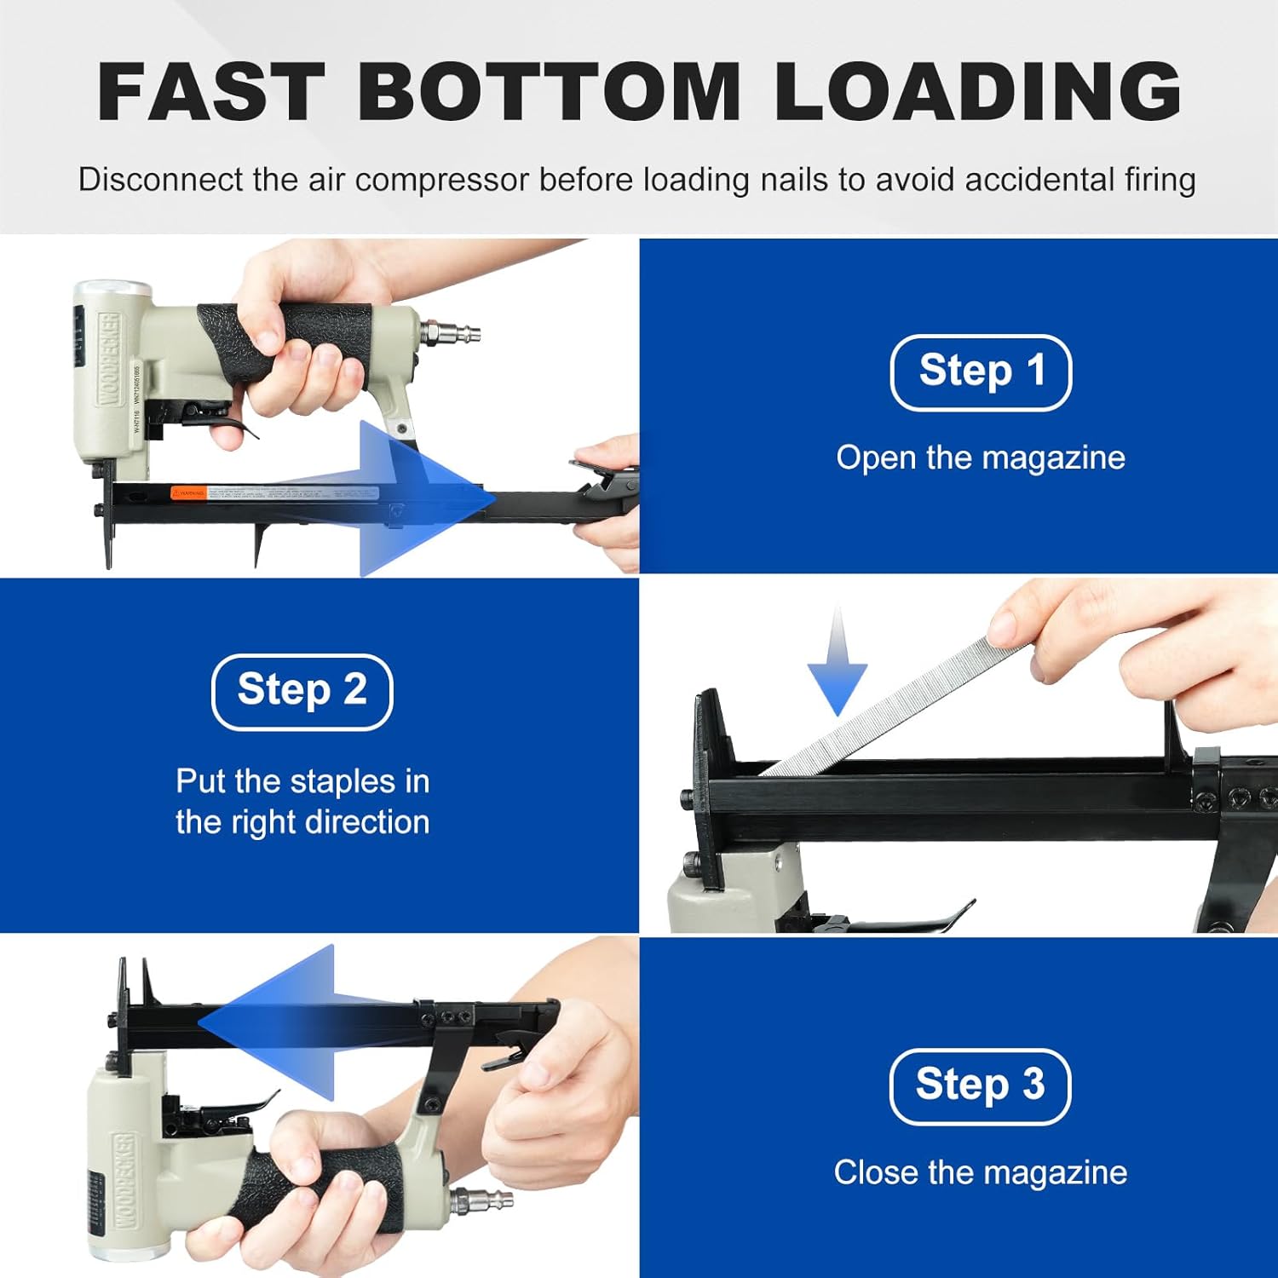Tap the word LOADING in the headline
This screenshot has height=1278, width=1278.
pyautogui.click(x=977, y=92)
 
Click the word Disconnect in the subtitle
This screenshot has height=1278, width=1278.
pyautogui.click(x=147, y=180)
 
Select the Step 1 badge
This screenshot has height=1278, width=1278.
pyautogui.click(x=981, y=372)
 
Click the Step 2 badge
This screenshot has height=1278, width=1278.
pyautogui.click(x=302, y=691)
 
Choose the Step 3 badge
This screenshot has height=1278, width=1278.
pyautogui.click(x=980, y=1086)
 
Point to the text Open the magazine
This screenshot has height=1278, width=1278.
pyautogui.click(x=981, y=458)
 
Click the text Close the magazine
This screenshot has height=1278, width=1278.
pyautogui.click(x=981, y=1173)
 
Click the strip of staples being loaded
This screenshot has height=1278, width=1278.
pyautogui.click(x=895, y=707)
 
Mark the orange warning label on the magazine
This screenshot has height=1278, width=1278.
pyautogui.click(x=188, y=493)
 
